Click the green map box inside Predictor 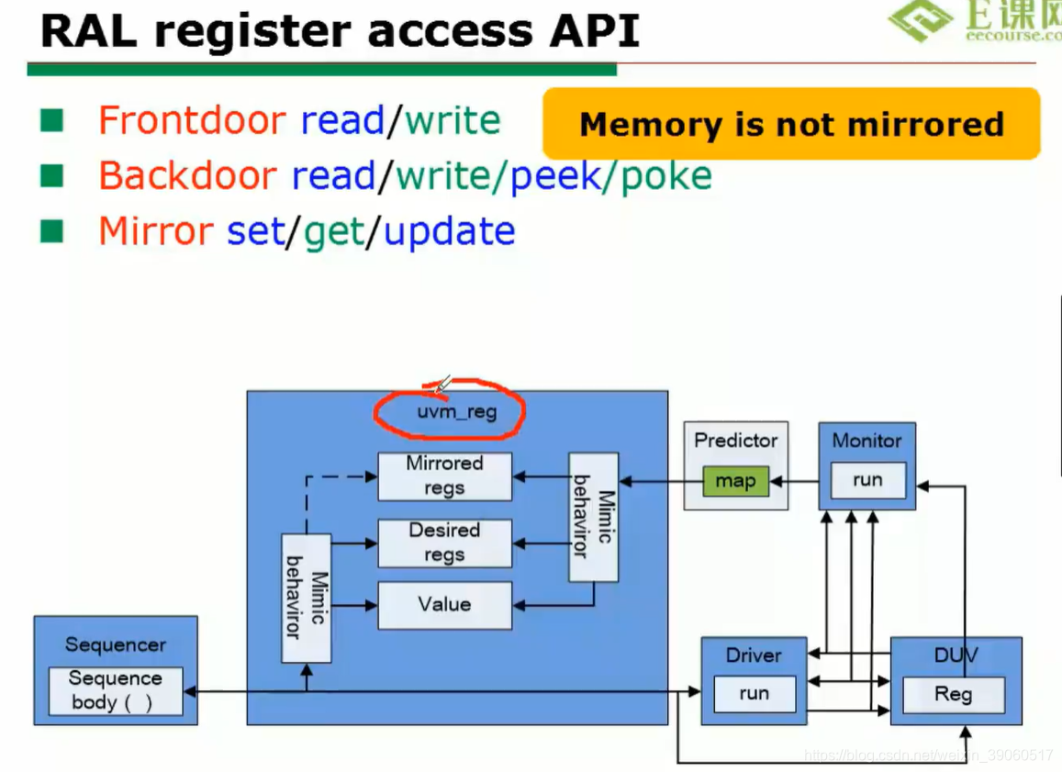tap(735, 481)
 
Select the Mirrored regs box tap(444, 476)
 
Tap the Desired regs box tap(444, 543)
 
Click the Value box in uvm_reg tap(444, 605)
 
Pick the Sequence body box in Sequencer tap(116, 691)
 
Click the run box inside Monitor tap(867, 480)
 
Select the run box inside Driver tap(754, 694)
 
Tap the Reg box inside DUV tap(953, 695)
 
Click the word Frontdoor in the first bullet tap(192, 121)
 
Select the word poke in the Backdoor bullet tap(666, 175)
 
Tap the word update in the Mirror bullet tap(449, 231)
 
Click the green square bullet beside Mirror tap(51, 230)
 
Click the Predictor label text tap(735, 441)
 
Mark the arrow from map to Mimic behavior tap(652, 481)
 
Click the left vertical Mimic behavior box tap(306, 597)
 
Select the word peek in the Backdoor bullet tap(554, 175)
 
